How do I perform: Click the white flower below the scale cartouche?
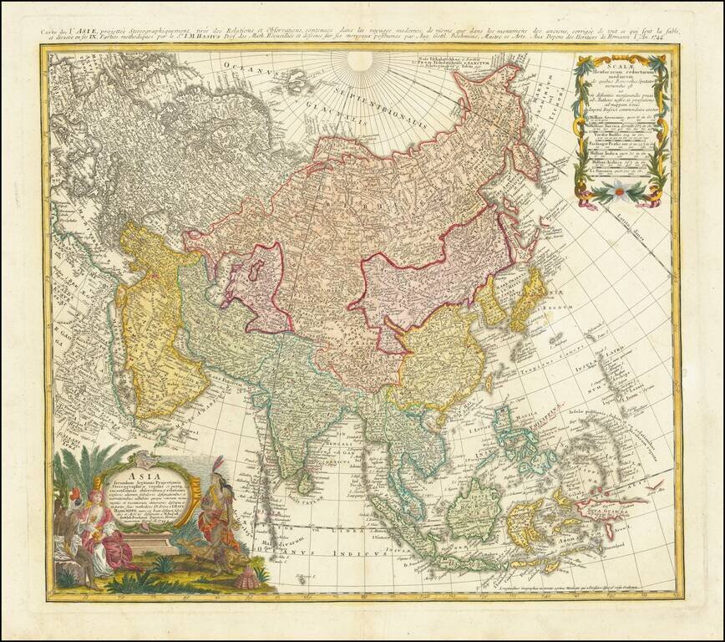(x=619, y=190)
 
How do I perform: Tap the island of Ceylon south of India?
(x=307, y=481)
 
